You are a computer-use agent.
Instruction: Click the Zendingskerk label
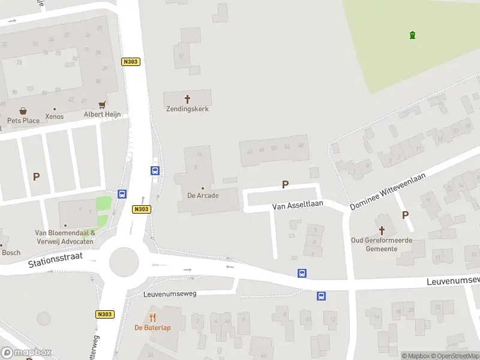click(x=187, y=109)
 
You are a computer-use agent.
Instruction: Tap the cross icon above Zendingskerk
click(x=187, y=98)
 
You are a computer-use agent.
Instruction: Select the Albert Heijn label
click(x=102, y=114)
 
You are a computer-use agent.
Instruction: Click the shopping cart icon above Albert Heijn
click(x=103, y=104)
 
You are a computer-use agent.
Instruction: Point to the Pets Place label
click(x=23, y=121)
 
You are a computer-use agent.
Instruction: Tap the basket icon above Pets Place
click(x=23, y=111)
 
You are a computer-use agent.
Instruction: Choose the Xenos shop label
click(x=54, y=116)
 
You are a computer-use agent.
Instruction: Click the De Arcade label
click(x=203, y=196)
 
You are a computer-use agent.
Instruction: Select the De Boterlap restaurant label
click(x=152, y=328)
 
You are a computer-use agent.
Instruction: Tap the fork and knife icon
click(x=152, y=317)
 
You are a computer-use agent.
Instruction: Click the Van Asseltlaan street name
click(x=298, y=205)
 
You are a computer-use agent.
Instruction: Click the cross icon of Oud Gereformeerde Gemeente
click(x=382, y=230)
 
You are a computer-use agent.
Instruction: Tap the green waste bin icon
click(x=412, y=35)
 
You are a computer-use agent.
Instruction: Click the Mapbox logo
click(x=26, y=352)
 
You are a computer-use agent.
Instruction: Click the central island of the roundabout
click(x=124, y=261)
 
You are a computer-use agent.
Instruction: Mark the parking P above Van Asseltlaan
click(x=285, y=185)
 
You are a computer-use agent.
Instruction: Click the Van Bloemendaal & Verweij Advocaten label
click(x=64, y=237)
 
